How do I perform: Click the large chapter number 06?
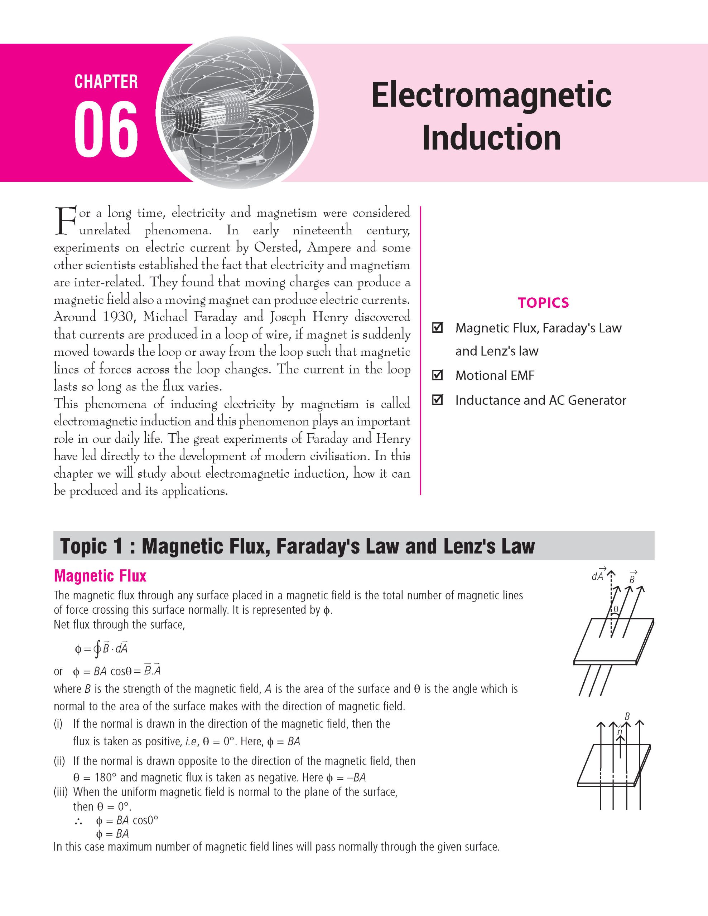[106, 130]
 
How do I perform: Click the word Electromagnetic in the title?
[491, 95]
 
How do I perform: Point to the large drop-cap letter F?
[66, 220]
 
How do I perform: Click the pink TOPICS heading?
[543, 302]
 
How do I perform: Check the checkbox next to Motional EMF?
[437, 375]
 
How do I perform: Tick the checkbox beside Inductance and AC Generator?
[437, 400]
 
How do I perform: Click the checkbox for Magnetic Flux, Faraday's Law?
[437, 327]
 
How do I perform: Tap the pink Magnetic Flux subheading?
[100, 576]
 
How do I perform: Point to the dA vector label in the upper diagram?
[598, 576]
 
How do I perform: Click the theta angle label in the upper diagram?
[616, 609]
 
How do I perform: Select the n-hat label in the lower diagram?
[620, 731]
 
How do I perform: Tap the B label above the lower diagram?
[627, 717]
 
